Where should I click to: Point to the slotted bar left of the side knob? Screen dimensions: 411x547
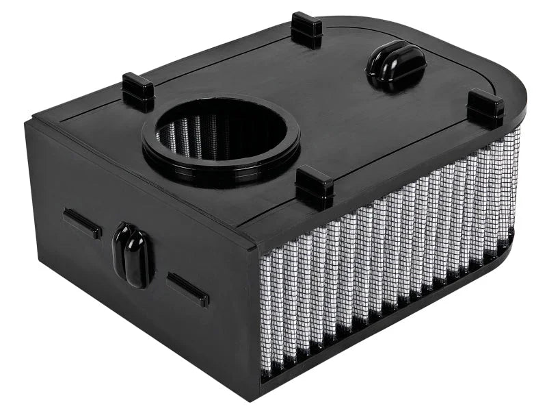click(82, 223)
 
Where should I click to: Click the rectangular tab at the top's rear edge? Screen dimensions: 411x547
click(306, 29)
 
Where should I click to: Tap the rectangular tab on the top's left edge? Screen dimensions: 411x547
click(138, 92)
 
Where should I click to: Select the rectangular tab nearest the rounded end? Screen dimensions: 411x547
click(485, 108)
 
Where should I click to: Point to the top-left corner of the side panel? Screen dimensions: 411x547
click(31, 123)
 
